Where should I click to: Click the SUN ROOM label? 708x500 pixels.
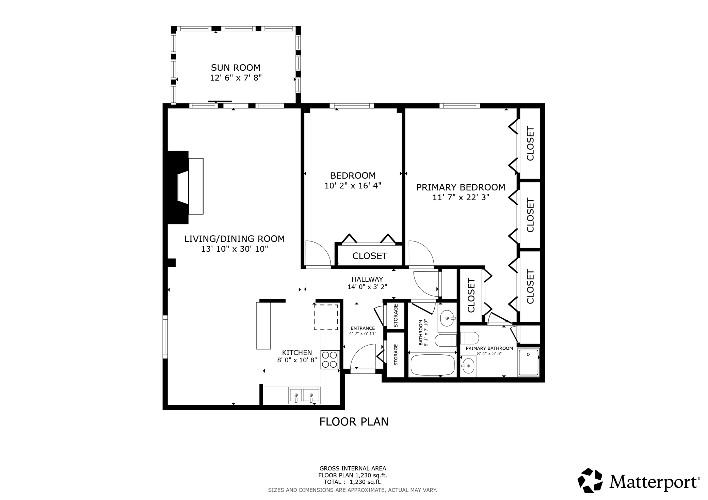point(236,67)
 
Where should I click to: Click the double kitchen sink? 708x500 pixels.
point(304,396)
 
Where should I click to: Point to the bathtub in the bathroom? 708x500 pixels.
point(433,365)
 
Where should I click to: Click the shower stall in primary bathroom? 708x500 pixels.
point(529,363)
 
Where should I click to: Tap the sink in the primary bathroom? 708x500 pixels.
point(469,366)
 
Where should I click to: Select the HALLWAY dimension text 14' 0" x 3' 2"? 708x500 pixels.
point(367,287)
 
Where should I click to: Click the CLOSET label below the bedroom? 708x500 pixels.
point(370,256)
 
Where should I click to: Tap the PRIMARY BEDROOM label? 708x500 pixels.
point(461,187)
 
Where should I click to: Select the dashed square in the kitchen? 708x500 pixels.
point(326,317)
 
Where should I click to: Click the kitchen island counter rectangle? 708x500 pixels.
point(263,326)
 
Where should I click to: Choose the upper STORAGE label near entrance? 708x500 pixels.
point(396,315)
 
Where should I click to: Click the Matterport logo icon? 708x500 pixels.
point(590,480)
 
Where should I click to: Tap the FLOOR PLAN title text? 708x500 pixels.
point(354,422)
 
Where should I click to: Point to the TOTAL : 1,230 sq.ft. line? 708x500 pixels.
point(353,482)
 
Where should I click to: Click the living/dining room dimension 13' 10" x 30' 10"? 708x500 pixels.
point(235,249)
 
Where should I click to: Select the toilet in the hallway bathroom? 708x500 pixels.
point(446,339)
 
